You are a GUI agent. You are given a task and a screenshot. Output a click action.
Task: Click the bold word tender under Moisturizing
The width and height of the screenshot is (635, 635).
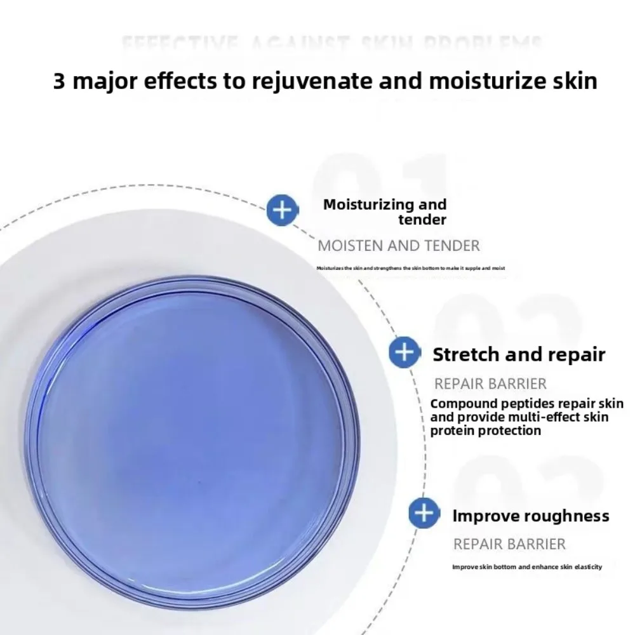(422, 220)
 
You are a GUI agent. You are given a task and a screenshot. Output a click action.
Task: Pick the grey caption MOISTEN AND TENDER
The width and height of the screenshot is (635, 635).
(399, 246)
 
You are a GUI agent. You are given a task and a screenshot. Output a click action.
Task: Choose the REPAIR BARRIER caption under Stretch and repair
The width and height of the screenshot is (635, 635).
(490, 384)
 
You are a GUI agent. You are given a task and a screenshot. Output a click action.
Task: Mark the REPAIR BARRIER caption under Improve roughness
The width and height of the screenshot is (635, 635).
(509, 544)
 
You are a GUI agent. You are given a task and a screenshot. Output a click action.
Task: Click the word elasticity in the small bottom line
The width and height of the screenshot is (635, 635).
(585, 567)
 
